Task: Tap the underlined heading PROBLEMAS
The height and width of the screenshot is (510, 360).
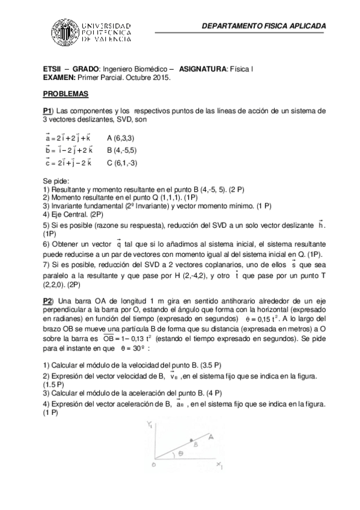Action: (x=66, y=94)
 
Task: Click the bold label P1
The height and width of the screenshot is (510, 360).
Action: (x=48, y=111)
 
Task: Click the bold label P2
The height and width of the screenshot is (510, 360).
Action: (x=48, y=300)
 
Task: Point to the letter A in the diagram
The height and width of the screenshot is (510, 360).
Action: (x=211, y=438)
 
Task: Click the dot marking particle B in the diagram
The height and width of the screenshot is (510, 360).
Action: (x=191, y=440)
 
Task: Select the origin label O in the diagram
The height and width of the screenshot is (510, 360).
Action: (x=154, y=465)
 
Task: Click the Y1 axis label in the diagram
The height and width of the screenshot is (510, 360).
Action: (x=149, y=426)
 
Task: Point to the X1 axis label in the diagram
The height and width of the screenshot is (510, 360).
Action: (x=220, y=466)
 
